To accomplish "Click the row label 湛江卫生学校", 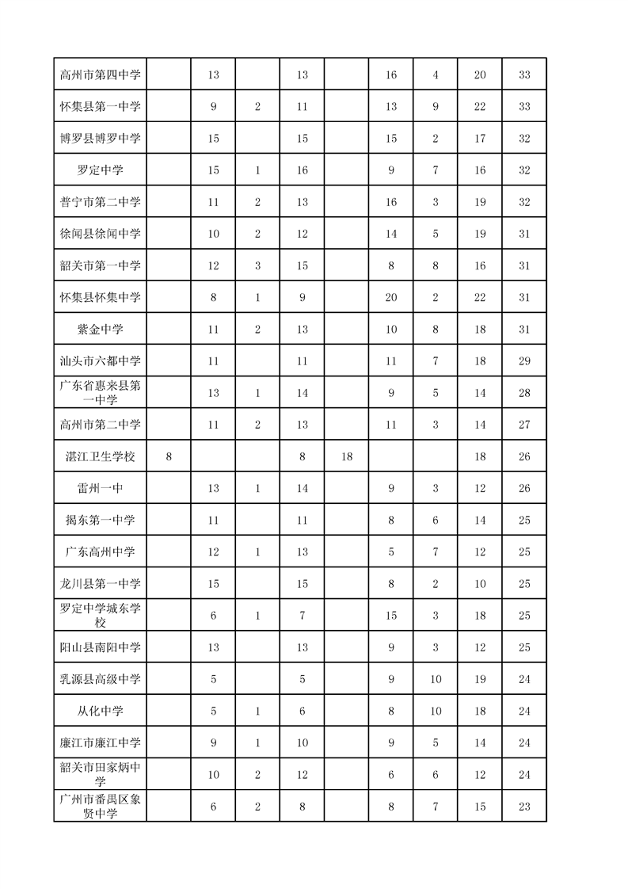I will point(100,456).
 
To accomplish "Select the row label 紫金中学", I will point(100,329).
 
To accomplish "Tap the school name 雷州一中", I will point(100,488).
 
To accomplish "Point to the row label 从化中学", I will point(100,711).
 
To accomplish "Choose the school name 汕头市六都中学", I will point(100,361).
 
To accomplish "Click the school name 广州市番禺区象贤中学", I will point(100,806).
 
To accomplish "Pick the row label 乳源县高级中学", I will point(100,679).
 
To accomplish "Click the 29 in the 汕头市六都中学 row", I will point(524,361).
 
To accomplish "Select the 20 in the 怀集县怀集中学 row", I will point(391,297).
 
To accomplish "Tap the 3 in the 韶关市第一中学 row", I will point(257,265).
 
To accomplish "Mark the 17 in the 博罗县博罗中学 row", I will point(480,138).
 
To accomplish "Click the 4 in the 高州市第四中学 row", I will point(436,74).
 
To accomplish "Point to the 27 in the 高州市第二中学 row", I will point(524,425).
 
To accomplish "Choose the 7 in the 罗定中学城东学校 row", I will point(302,616).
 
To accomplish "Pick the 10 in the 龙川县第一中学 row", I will point(480,584).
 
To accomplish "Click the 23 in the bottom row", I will point(524,806).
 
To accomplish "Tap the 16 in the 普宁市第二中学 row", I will point(391,202).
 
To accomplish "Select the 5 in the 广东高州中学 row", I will point(391,551).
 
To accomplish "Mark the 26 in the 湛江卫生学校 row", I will point(524,456).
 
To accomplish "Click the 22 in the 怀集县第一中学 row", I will point(480,106).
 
